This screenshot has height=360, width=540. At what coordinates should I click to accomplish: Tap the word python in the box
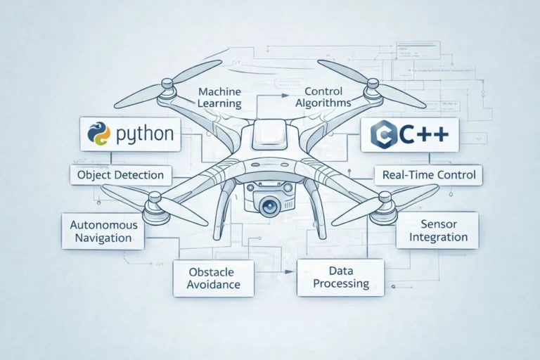[x=143, y=134]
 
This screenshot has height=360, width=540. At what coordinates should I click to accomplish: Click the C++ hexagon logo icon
[x=383, y=134]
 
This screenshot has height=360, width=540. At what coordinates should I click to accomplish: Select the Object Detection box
[x=121, y=174]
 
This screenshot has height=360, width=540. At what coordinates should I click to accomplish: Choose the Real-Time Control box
[x=429, y=174]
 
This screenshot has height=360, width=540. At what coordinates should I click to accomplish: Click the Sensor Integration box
[x=437, y=230]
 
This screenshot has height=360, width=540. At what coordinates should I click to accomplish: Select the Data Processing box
[x=341, y=276]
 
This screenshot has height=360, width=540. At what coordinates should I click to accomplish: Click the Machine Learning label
[x=219, y=98]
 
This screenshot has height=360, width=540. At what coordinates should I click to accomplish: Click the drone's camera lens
[x=270, y=205]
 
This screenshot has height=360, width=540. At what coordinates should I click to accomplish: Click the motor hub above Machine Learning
[x=167, y=88]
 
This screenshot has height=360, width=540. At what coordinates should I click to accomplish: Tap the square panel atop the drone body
[x=270, y=133]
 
